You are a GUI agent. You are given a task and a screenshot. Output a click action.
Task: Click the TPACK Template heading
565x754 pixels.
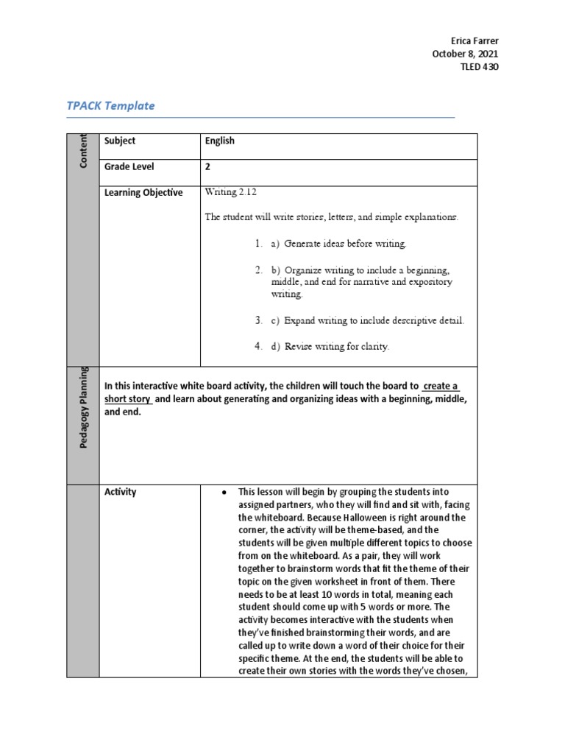pos(110,105)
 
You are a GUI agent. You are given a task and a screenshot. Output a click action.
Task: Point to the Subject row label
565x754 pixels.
pos(120,141)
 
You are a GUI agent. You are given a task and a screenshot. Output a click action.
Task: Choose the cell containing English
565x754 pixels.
pos(220,141)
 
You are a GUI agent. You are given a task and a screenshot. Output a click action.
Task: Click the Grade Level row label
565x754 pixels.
pos(129,167)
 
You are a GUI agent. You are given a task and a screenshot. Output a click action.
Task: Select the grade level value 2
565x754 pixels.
pos(208,167)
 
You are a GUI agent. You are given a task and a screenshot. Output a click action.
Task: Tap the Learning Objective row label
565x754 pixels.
pos(143,193)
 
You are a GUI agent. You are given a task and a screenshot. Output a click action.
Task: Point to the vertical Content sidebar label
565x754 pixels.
pos(82,150)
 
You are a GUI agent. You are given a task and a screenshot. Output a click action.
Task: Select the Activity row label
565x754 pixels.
pos(121,492)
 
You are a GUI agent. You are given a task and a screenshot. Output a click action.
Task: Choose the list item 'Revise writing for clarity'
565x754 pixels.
pos(329,346)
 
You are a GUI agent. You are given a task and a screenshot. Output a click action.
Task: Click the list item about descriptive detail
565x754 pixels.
pos(367,320)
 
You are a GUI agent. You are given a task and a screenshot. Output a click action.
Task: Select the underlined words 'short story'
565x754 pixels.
pos(128,399)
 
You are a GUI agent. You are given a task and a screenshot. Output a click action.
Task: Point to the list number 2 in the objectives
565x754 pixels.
pos(258,269)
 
